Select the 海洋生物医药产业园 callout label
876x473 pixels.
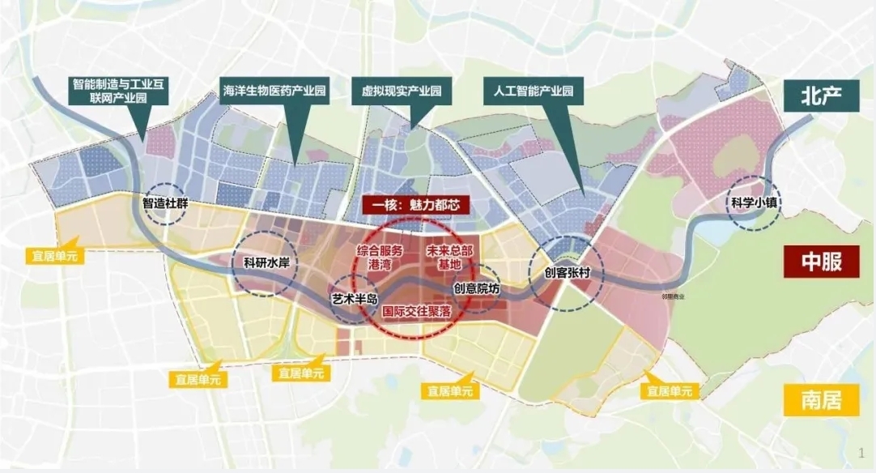click(274, 92)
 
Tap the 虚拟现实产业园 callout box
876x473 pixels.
click(401, 92)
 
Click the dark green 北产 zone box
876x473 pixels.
click(820, 96)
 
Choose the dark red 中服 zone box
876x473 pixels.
click(820, 262)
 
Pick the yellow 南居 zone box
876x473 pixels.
click(820, 399)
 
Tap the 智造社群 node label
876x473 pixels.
click(165, 204)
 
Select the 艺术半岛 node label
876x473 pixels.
click(355, 299)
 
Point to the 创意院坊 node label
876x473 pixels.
click(477, 288)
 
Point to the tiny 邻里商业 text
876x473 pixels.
click(673, 297)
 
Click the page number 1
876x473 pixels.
click(860, 450)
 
